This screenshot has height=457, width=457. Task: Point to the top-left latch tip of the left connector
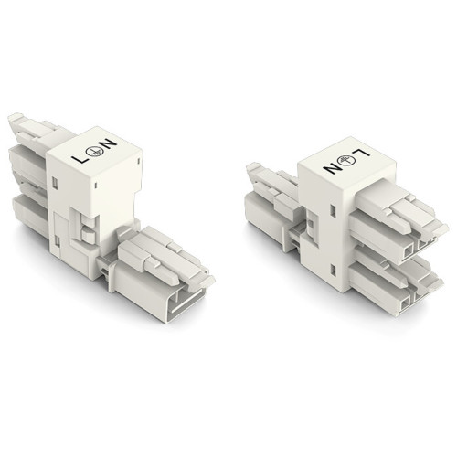[x=15, y=119]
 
